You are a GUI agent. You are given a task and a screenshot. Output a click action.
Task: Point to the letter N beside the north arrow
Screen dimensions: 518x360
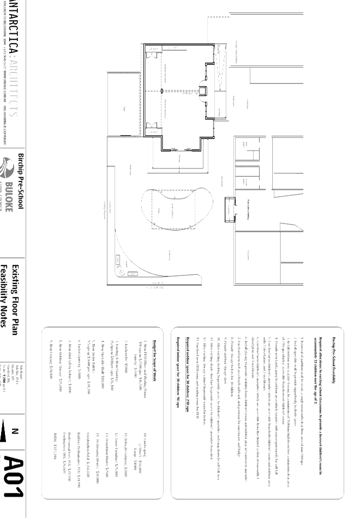click(x=15, y=431)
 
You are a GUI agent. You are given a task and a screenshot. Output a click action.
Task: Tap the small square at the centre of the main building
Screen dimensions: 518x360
click(x=202, y=91)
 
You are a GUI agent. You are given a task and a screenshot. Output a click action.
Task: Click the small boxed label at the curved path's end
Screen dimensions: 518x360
click(x=133, y=274)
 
